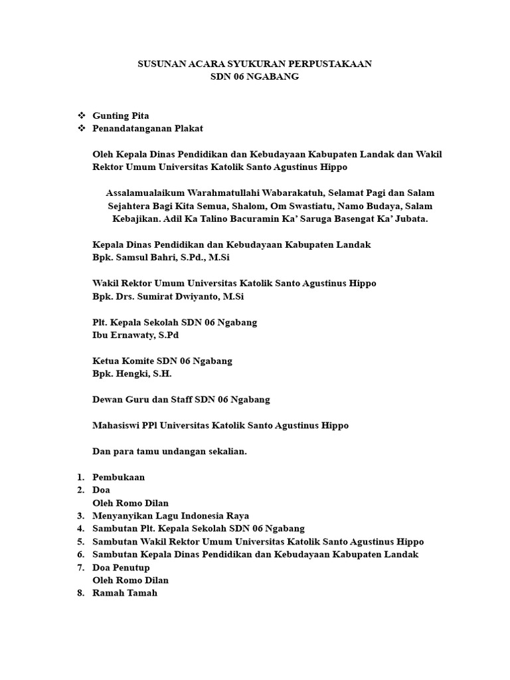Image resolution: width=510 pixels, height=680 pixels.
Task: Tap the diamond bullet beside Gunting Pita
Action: [x=82, y=116]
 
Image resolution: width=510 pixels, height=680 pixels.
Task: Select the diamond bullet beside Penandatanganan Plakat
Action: [x=82, y=128]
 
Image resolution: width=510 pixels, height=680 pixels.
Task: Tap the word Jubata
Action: [x=410, y=218]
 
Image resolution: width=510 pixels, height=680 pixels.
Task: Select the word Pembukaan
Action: [x=119, y=477]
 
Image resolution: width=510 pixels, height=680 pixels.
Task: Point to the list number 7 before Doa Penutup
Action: [x=80, y=568]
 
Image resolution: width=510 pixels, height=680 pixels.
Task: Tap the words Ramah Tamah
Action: [x=126, y=594]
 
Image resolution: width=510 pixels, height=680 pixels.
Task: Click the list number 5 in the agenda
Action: [x=80, y=542]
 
